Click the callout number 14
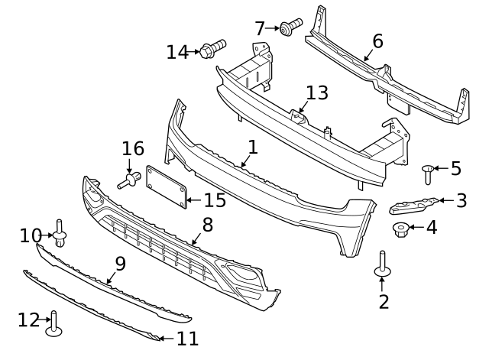177,52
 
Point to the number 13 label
316,93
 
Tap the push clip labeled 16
130,181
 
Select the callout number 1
252,146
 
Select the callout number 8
207,225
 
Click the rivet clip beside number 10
60,232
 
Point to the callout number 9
120,264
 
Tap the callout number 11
187,338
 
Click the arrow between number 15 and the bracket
193,201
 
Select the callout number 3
461,201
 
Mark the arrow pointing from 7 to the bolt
273,28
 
